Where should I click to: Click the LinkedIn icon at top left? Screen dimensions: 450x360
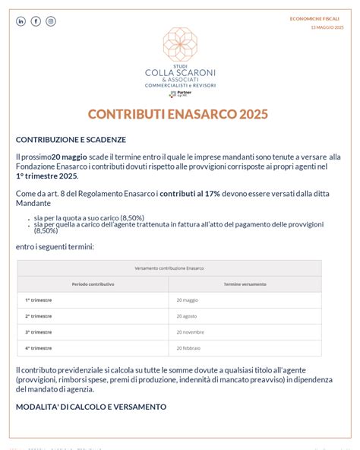21,21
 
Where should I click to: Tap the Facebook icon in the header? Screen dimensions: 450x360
36,21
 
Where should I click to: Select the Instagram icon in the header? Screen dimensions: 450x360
51,21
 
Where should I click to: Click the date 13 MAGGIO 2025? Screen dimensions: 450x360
327,27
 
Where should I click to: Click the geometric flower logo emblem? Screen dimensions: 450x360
180,45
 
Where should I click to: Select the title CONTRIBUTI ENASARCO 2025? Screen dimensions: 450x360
178,114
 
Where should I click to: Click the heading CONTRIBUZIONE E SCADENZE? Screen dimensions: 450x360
71,140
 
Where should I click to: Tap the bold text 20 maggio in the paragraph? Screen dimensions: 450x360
69,157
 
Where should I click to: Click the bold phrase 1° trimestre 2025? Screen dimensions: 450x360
46,176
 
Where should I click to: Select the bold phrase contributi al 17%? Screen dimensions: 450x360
190,194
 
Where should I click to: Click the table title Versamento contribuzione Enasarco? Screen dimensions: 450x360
169,268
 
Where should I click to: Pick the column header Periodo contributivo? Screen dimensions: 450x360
93,284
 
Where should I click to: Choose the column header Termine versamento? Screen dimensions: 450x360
245,284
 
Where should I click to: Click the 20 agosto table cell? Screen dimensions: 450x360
187,316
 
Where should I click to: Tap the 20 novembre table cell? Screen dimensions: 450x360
190,332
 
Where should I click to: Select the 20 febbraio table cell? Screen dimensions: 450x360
188,348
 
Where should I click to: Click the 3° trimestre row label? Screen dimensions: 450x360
39,332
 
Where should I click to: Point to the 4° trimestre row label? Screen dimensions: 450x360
39,348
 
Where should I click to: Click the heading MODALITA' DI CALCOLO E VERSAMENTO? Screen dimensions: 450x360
91,407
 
